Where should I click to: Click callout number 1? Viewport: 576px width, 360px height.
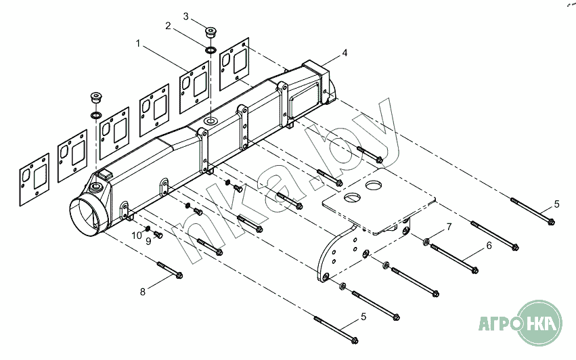[x=138, y=43]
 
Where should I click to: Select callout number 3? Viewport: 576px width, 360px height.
[x=186, y=15]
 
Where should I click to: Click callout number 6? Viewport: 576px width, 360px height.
[x=489, y=246]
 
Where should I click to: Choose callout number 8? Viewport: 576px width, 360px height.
[x=143, y=292]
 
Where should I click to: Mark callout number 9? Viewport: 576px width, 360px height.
[x=148, y=241]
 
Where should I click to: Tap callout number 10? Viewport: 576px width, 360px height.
[x=136, y=235]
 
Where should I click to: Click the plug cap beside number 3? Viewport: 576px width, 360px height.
[x=211, y=31]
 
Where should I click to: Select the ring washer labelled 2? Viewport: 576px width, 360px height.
[x=211, y=50]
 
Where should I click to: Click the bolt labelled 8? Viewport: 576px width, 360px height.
[x=170, y=270]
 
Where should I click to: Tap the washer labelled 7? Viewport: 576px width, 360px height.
[x=426, y=242]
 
